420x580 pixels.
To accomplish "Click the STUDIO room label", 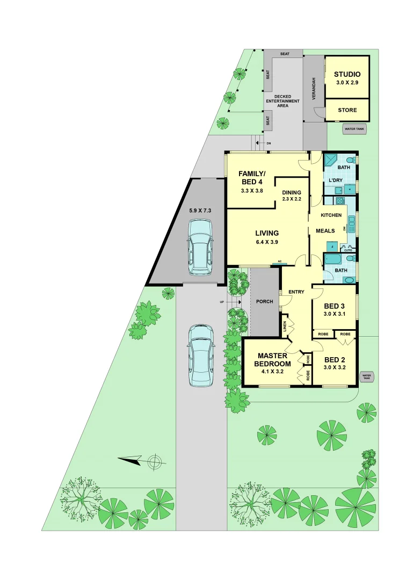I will [347, 75].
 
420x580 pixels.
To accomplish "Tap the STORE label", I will [347, 110].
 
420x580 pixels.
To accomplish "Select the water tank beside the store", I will [353, 129].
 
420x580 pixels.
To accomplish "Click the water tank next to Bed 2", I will [366, 377].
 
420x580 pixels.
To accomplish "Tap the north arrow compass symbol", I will [154, 460].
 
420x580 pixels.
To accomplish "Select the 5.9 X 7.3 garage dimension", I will [200, 211].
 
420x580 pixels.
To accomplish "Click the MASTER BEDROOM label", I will [273, 359].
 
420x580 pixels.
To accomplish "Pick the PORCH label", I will [265, 302].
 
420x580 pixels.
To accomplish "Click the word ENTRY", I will [296, 292].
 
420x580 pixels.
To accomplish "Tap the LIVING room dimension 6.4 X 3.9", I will [267, 242].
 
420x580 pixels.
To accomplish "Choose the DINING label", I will [292, 192].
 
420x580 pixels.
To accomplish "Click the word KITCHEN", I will [331, 215].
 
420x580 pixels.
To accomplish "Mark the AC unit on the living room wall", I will [279, 263].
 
